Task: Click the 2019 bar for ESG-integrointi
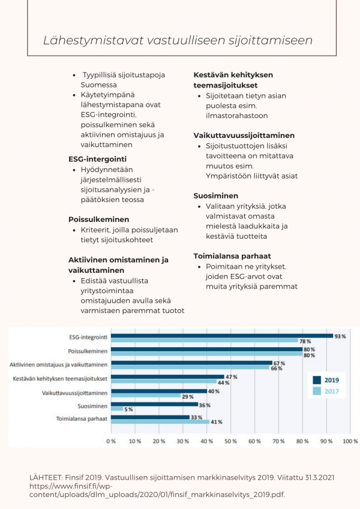point(222,336)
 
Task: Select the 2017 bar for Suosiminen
point(117,409)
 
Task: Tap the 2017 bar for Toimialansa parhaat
point(160,421)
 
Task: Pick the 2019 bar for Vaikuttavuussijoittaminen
point(159,391)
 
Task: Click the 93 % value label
point(340,336)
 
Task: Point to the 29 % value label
point(187,397)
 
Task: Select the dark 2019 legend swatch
point(317,380)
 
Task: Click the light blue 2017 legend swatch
point(317,391)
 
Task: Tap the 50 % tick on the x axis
point(230,441)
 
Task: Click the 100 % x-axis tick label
point(350,441)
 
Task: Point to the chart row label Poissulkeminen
point(88,351)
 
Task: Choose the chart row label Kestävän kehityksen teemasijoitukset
point(60,378)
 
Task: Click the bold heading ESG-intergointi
point(97,159)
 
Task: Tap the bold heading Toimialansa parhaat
point(232,256)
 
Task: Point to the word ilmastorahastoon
point(237,116)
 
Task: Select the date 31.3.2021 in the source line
point(319,477)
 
